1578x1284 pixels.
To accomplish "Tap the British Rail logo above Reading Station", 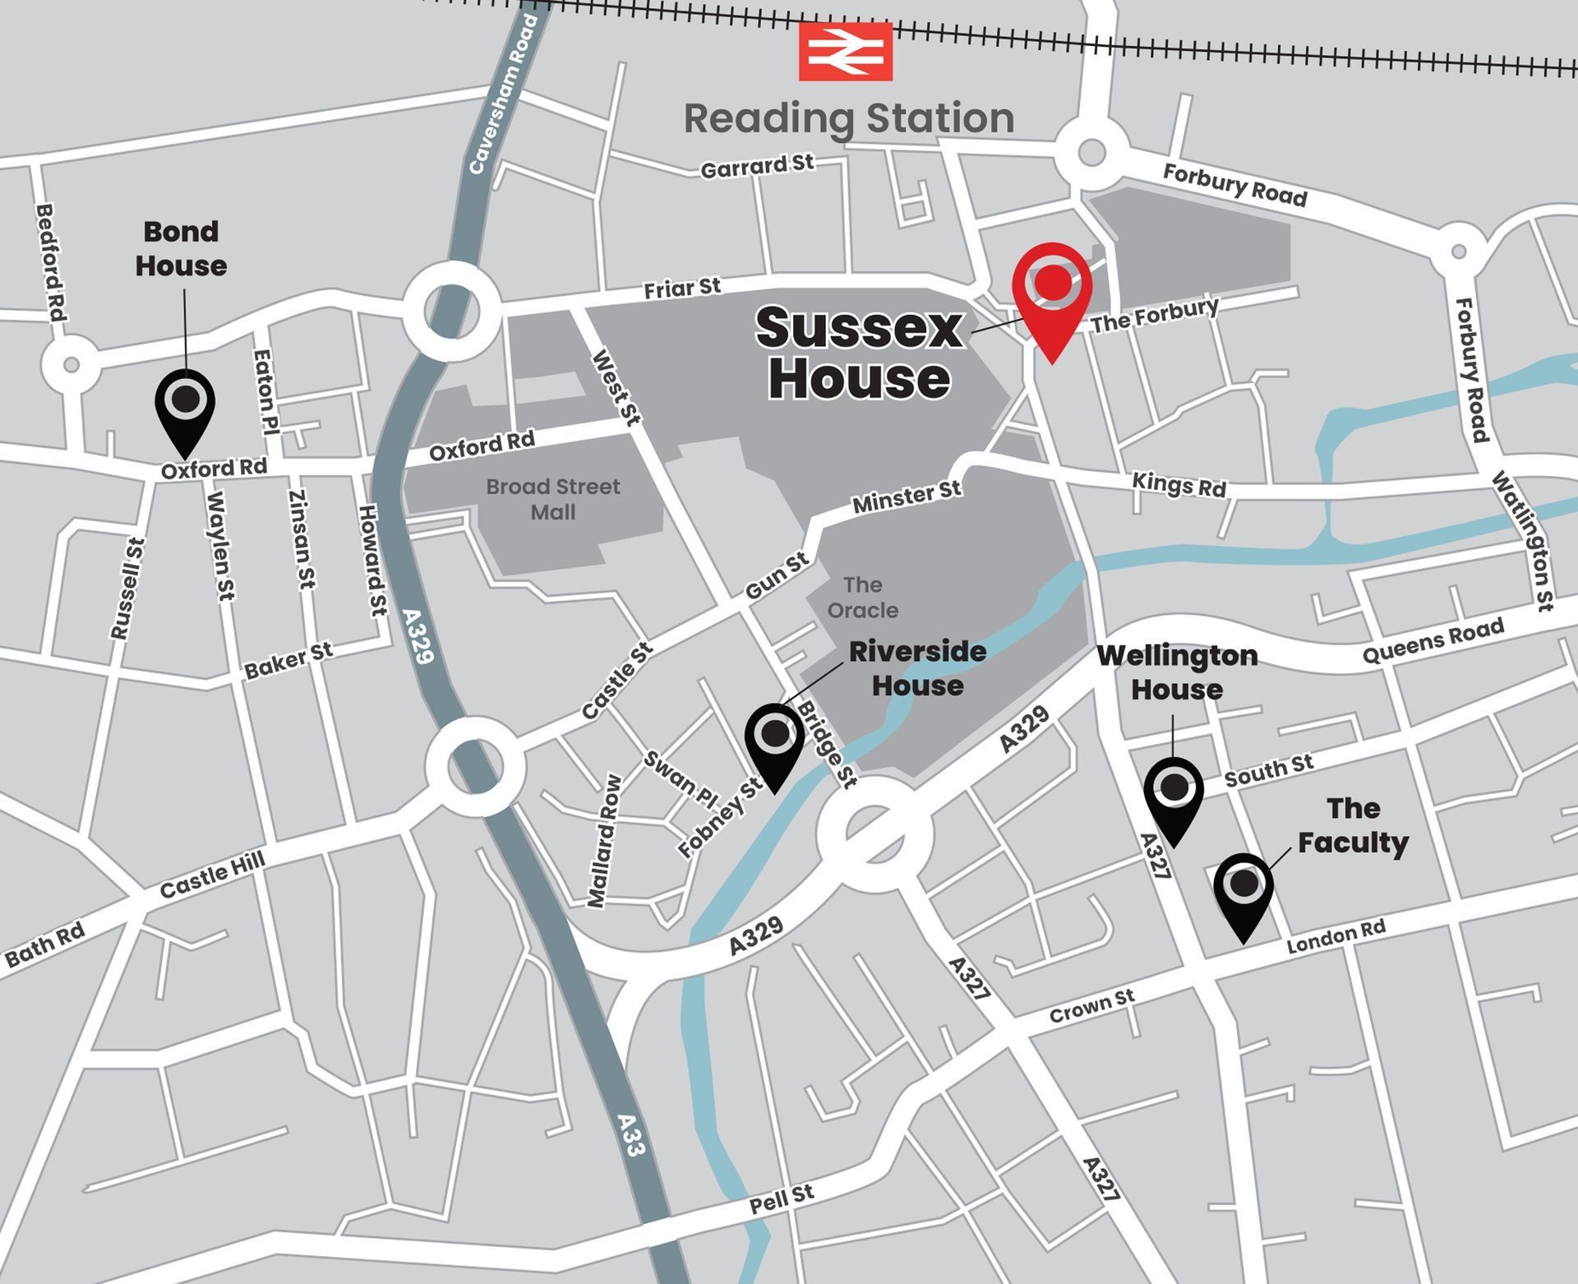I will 845,51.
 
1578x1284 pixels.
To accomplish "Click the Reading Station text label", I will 849,118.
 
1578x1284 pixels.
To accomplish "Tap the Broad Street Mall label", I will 552,499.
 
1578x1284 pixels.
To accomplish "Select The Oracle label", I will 862,598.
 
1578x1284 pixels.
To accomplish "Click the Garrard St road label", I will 757,166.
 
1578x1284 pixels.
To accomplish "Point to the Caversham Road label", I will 502,95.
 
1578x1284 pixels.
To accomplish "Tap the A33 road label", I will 630,1134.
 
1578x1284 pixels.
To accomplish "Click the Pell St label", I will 782,1199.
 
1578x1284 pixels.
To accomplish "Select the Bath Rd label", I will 45,945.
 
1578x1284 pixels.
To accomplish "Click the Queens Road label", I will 1433,640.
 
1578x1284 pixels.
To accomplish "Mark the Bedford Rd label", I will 50,262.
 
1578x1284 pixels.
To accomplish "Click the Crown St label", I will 1091,1006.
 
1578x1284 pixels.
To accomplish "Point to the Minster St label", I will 907,497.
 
